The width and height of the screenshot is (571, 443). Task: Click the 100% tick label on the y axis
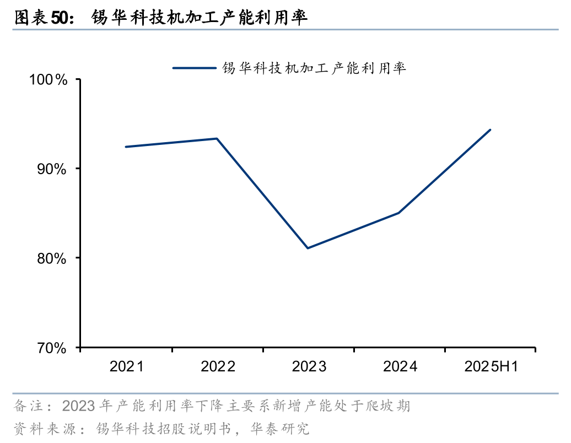pos(48,80)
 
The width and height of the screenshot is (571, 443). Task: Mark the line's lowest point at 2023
pos(308,248)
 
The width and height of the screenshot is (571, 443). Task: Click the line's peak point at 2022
pos(217,138)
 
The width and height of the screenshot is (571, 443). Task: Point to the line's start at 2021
pos(126,147)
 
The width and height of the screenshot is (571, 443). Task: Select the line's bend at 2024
pos(398,213)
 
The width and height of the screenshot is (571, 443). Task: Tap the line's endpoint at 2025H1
pos(490,130)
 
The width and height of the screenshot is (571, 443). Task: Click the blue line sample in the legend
pos(194,68)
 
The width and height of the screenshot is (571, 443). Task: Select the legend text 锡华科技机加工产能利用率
pos(314,68)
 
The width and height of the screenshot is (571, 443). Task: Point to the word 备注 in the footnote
pos(27,407)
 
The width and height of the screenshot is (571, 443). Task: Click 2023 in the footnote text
pos(79,407)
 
